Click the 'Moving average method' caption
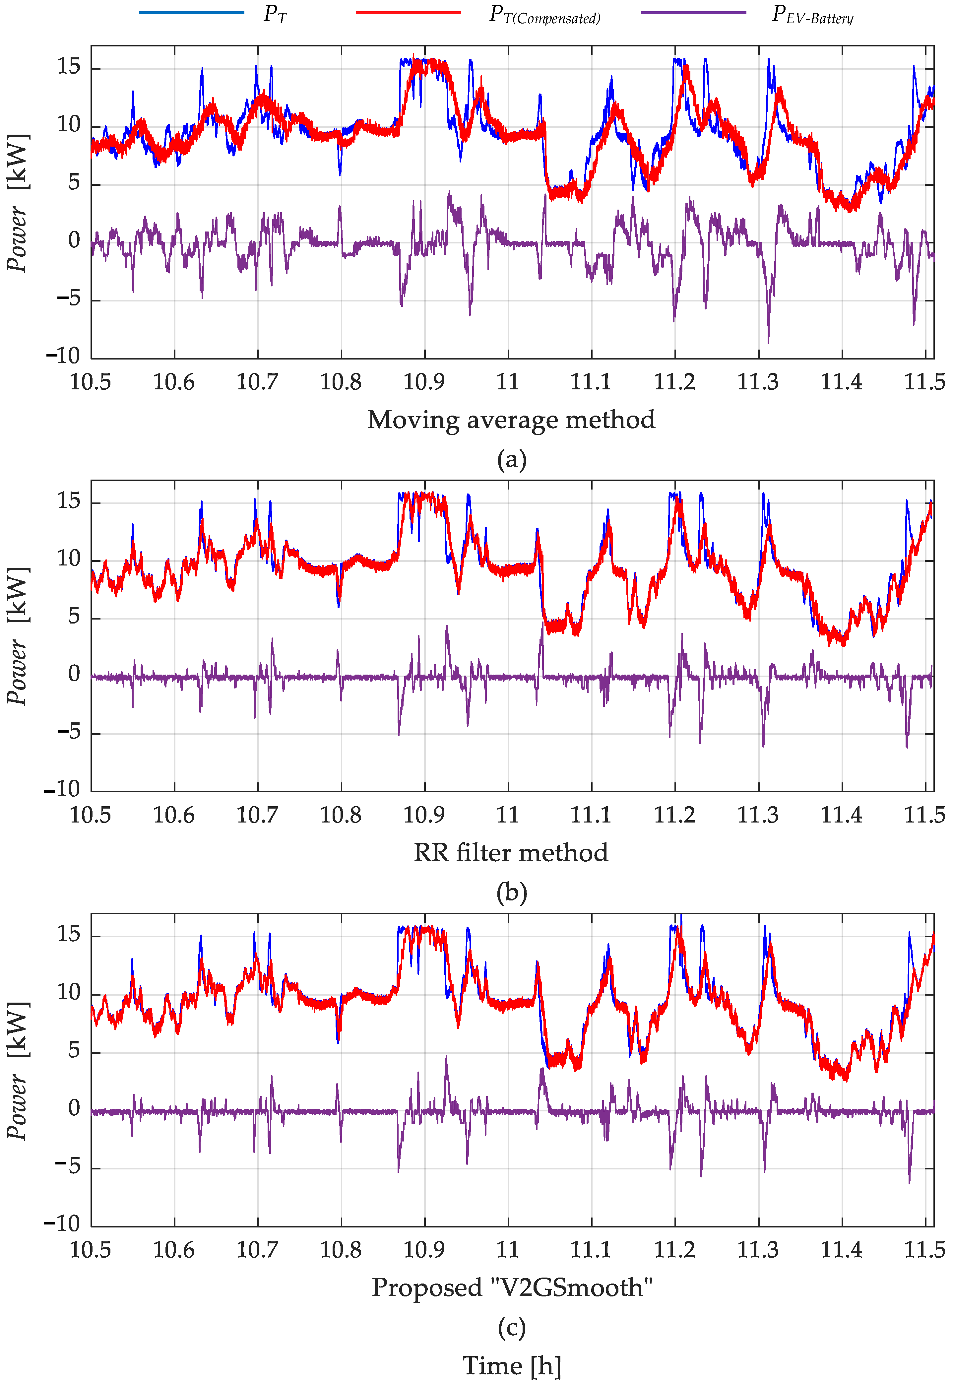tap(511, 420)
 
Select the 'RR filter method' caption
tap(511, 853)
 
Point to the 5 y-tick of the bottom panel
tap(74, 1050)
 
